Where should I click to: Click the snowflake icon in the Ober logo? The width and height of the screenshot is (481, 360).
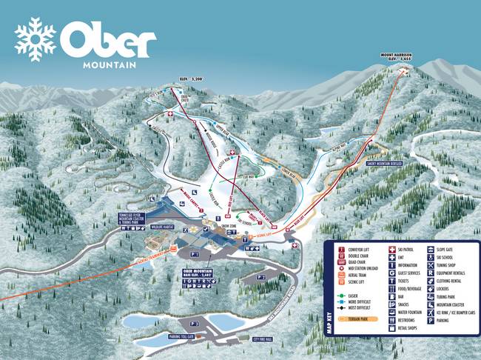coord(36,39)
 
